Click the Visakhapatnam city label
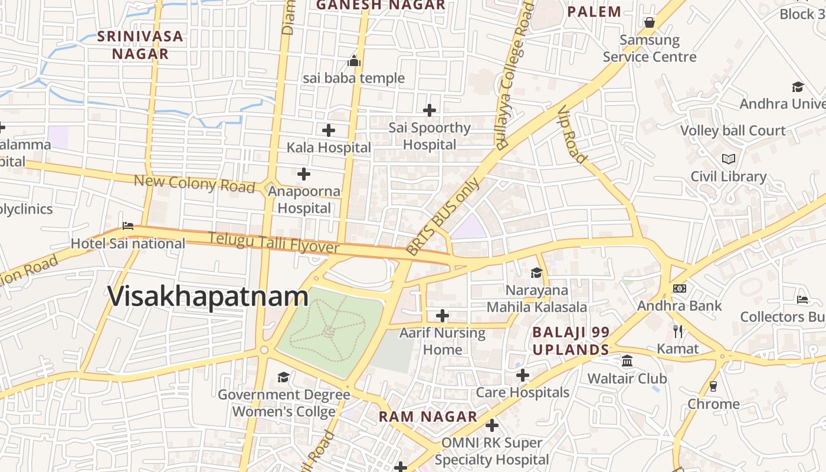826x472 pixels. tap(208, 296)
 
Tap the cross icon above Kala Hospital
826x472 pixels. tap(329, 130)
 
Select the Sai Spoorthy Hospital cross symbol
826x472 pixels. tap(430, 110)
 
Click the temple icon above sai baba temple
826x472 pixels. tap(354, 61)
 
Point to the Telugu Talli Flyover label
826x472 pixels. tap(274, 243)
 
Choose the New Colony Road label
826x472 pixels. tap(194, 183)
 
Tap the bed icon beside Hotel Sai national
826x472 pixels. tap(128, 226)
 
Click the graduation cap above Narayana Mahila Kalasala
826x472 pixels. tap(536, 273)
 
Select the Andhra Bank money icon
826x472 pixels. tap(680, 289)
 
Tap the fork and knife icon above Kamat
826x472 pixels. tap(678, 331)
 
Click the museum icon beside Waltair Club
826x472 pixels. tap(627, 360)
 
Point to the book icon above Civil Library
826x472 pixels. tap(729, 159)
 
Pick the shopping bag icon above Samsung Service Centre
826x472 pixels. tap(650, 22)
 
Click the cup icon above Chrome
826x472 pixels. tap(713, 386)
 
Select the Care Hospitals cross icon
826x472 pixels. tap(522, 375)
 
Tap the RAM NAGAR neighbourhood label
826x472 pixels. tap(428, 417)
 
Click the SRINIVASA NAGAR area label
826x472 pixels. tap(140, 45)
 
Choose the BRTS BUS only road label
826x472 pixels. tap(443, 217)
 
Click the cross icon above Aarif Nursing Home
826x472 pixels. tap(442, 315)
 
